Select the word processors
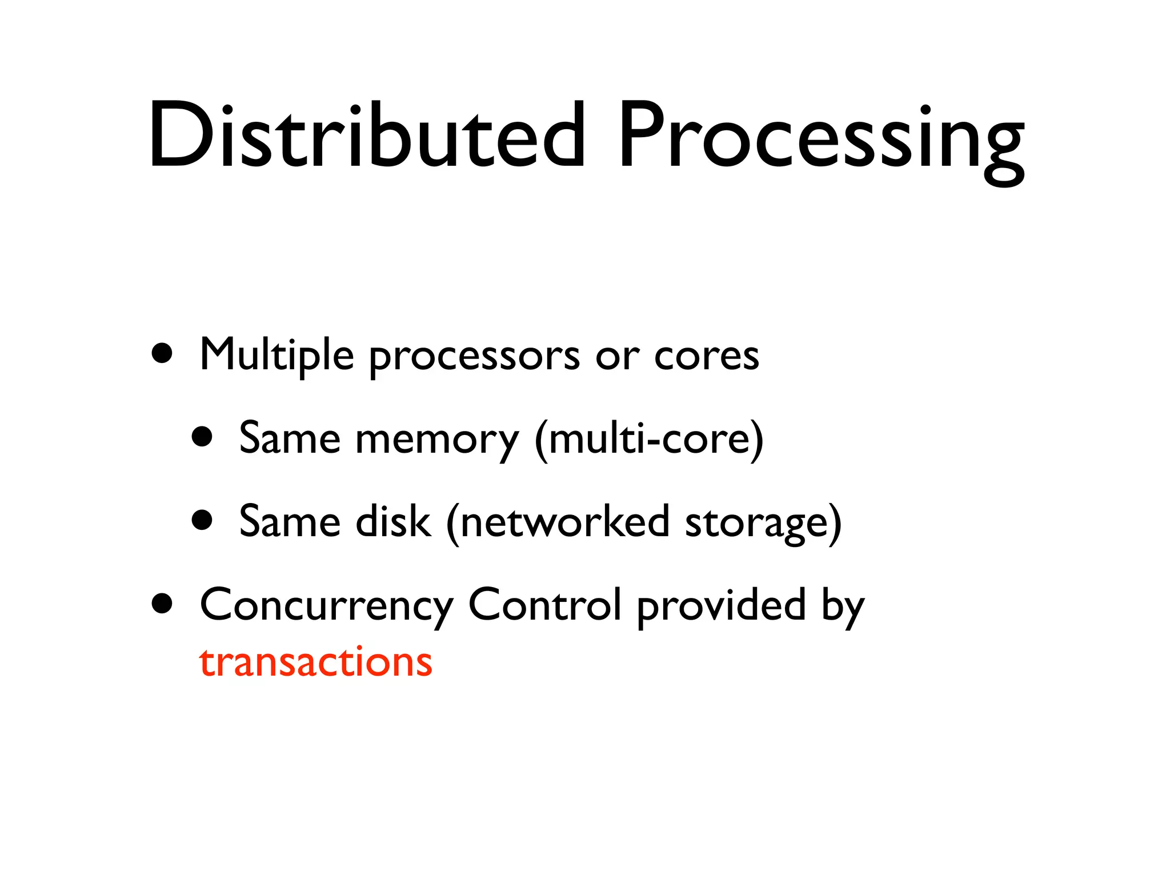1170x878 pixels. click(x=474, y=357)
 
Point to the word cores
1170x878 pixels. click(x=707, y=356)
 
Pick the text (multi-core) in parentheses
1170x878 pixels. click(x=649, y=439)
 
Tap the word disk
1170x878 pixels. click(x=392, y=522)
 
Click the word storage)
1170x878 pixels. click(x=763, y=523)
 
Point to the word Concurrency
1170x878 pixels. click(x=326, y=606)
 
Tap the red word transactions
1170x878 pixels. click(x=316, y=663)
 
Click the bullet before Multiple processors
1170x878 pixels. click(x=163, y=353)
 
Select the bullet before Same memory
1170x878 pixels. click(x=202, y=437)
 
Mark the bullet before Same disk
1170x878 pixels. click(x=202, y=520)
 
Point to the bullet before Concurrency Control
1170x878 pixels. click(x=163, y=603)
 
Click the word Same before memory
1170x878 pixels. click(x=290, y=439)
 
